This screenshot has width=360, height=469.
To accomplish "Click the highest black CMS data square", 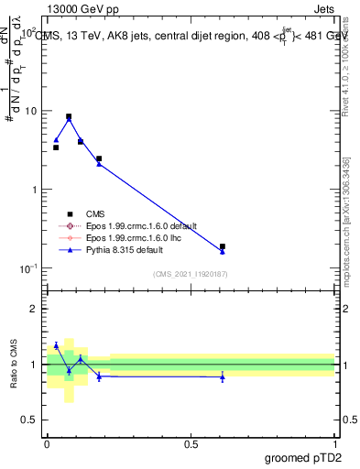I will pos(69,117).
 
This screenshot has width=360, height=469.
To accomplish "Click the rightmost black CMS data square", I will pos(223,246).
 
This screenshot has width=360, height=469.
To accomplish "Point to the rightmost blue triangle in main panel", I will pos(223,251).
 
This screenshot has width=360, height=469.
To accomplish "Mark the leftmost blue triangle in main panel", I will pos(56,140).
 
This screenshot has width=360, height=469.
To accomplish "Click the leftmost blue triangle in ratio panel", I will pos(56,345).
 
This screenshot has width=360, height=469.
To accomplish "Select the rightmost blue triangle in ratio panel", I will pos(223,377).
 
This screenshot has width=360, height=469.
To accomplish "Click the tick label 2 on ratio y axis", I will pos(35,309).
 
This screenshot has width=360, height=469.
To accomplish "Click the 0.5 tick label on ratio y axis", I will pos(30,420).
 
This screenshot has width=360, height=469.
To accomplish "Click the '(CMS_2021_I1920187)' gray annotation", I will pos(191,274).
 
